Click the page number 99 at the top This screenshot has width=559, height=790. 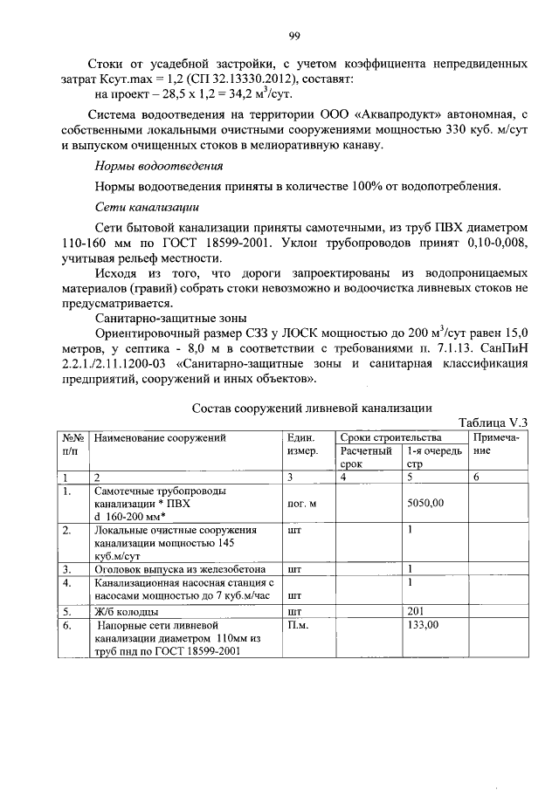point(294,35)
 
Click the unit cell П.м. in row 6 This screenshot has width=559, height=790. point(297,625)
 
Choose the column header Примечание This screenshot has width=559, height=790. point(495,444)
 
